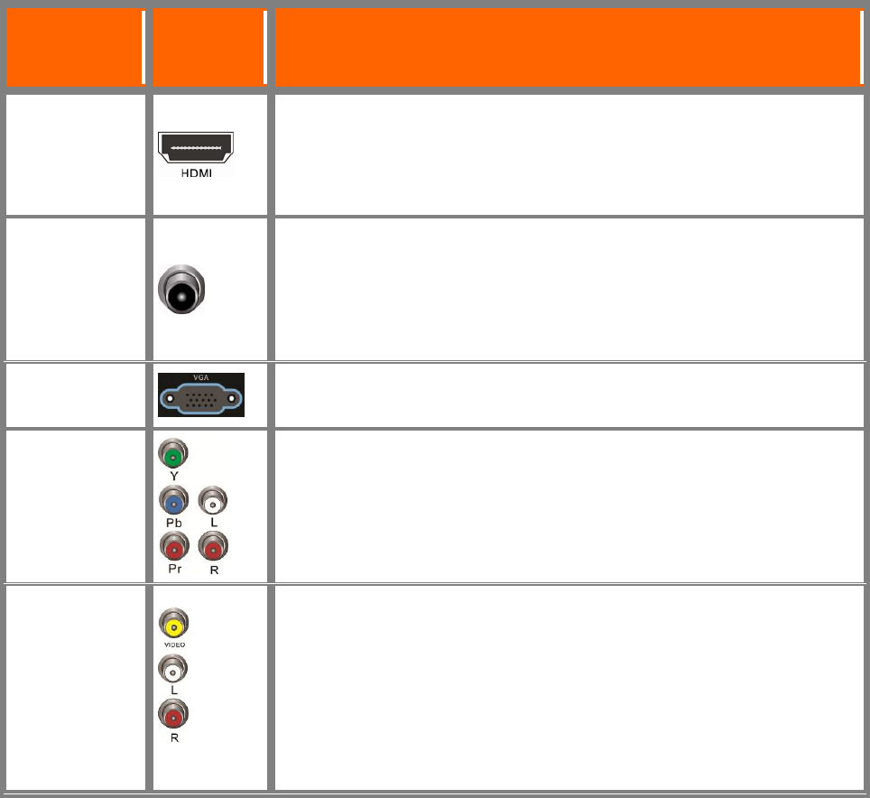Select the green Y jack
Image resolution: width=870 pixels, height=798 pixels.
tap(172, 453)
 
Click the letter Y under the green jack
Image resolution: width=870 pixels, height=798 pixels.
tap(172, 473)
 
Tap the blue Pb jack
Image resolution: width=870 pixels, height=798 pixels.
tap(172, 500)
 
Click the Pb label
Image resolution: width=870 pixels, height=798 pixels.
tap(172, 521)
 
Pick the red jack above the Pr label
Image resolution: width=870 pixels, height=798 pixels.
tap(172, 546)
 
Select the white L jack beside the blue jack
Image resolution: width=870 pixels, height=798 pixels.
tap(214, 500)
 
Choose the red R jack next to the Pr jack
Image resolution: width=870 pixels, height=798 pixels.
tap(214, 546)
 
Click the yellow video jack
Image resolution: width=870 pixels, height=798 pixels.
tap(172, 625)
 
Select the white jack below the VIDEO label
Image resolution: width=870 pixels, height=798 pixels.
tap(172, 669)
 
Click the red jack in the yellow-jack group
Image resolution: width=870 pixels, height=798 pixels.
tap(172, 715)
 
